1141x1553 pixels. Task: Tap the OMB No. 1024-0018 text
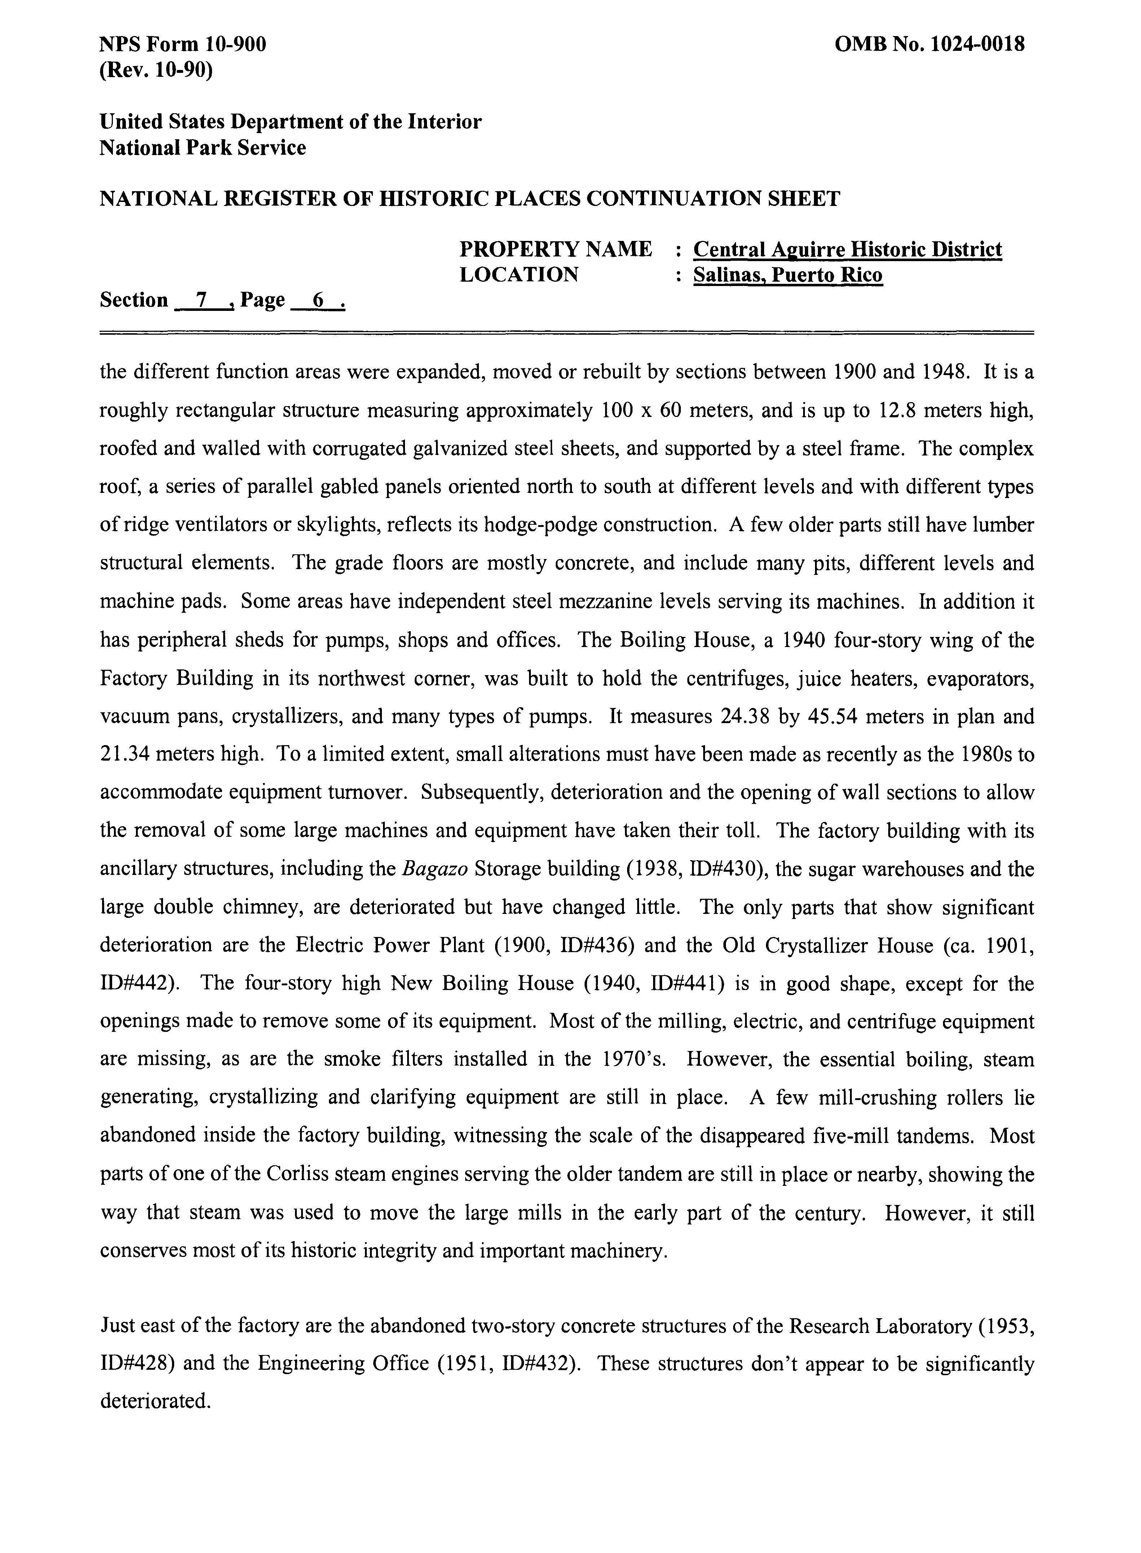pyautogui.click(x=930, y=45)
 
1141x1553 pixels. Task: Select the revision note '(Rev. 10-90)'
pyautogui.click(x=156, y=70)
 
